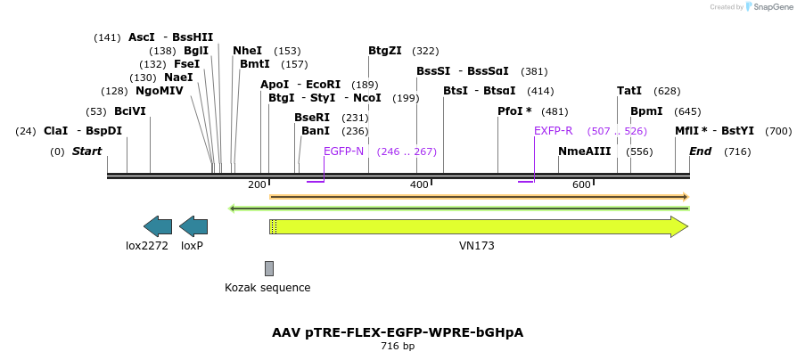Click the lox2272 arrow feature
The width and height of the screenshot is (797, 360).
[158, 226]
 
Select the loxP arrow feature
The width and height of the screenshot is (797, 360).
[193, 226]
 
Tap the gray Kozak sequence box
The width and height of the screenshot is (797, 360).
[268, 268]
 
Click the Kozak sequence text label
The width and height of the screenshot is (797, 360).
[267, 288]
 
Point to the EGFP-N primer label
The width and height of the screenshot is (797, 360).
[343, 151]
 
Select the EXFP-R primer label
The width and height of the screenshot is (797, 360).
[553, 131]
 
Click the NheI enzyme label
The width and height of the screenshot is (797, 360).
[247, 52]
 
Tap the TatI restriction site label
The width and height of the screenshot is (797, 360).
[629, 91]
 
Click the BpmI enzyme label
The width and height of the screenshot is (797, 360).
[646, 111]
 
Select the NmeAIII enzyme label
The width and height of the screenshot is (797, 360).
[584, 151]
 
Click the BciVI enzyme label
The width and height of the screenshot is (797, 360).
[129, 111]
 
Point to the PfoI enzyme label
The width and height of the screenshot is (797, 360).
[514, 111]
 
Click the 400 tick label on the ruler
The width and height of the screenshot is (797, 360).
[418, 184]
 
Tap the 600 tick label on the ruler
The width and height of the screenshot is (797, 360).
[581, 184]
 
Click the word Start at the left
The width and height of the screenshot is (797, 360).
[86, 151]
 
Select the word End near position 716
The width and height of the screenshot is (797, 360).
[700, 151]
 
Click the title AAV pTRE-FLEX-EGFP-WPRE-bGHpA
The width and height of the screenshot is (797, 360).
[398, 332]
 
